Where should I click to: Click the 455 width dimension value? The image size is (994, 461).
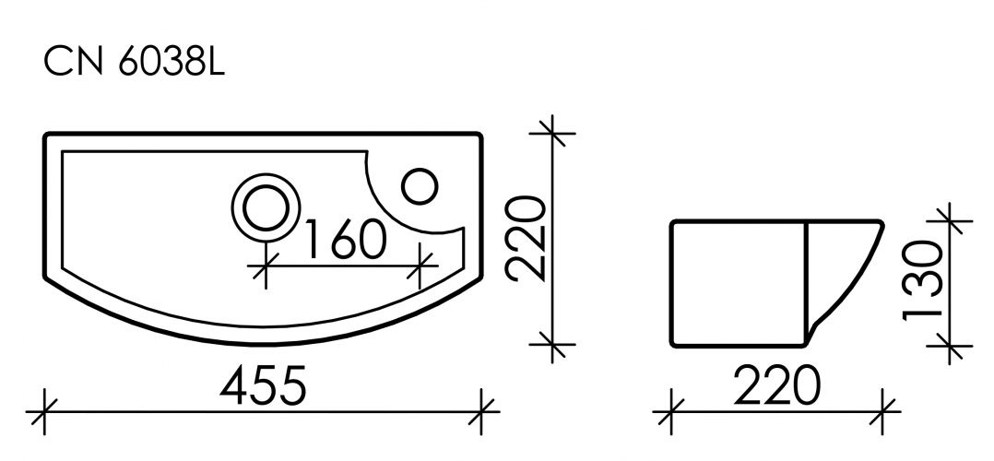tap(265, 388)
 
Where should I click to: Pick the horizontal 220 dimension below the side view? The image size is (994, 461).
tap(777, 386)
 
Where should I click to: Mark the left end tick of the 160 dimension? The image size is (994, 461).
tap(266, 268)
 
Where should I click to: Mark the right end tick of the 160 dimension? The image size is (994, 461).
tap(421, 268)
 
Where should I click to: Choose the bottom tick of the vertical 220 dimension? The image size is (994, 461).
tap(551, 347)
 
